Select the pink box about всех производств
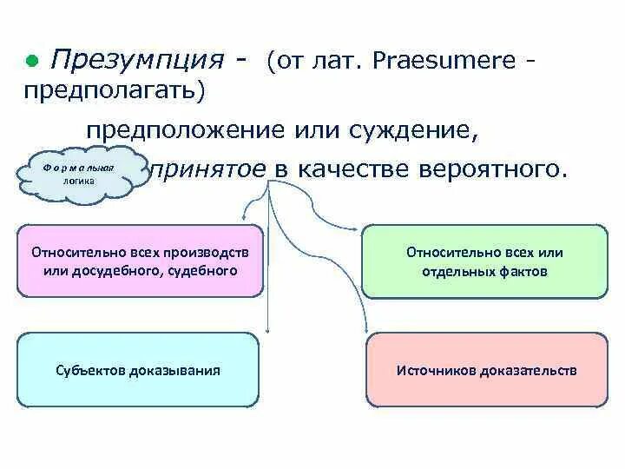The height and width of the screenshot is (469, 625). tap(140, 261)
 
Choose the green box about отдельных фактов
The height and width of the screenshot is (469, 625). tap(484, 261)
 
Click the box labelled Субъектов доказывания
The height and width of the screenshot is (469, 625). tap(138, 370)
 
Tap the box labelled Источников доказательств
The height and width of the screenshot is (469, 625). tap(486, 370)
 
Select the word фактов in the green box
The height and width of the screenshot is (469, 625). tap(524, 271)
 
